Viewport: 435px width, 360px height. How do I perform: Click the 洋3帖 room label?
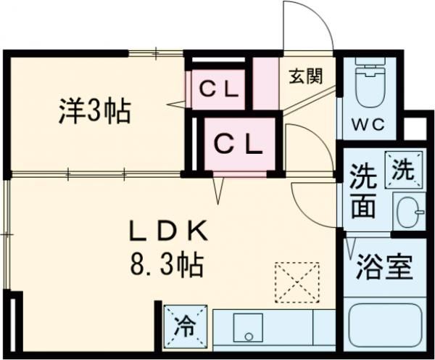coord(95,111)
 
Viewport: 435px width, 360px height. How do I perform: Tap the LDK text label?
coord(169,232)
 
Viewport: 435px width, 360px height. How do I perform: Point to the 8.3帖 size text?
coord(167,262)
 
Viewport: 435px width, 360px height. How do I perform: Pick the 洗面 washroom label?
coord(363,192)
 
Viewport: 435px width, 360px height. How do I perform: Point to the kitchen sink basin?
coord(250,330)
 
